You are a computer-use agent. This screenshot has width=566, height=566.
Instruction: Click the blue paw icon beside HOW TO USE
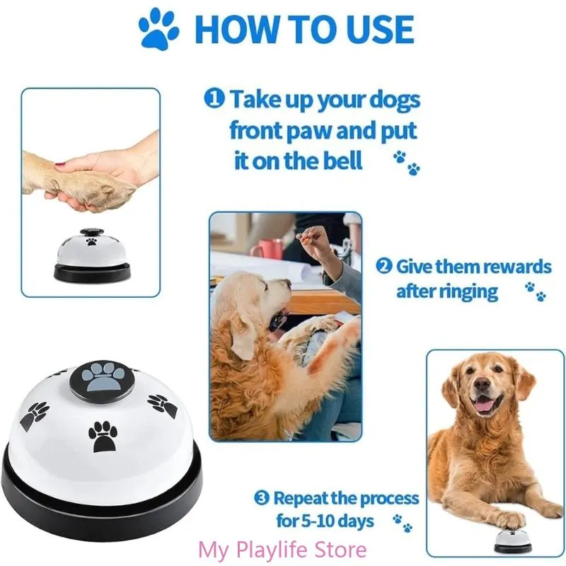coord(159,29)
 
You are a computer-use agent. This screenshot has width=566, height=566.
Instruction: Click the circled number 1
coord(214,99)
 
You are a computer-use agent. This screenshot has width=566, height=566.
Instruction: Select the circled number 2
coord(383,267)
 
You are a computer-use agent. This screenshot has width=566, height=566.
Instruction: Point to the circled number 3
coord(262,499)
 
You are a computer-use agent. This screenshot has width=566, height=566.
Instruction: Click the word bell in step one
coord(336,161)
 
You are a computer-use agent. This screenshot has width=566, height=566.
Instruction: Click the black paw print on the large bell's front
coord(105,437)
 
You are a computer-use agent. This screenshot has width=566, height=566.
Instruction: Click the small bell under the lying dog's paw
coord(514,539)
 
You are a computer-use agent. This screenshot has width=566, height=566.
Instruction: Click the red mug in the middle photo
coord(267,249)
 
